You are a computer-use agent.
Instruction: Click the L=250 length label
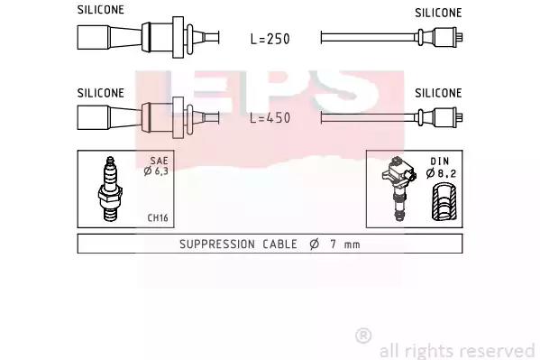pyautogui.click(x=270, y=39)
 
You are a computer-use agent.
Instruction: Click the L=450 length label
pyautogui.click(x=270, y=118)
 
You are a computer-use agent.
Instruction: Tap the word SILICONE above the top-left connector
pyautogui.click(x=101, y=10)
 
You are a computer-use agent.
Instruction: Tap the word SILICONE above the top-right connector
pyautogui.click(x=438, y=13)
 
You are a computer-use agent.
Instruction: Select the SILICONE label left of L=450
pyautogui.click(x=101, y=93)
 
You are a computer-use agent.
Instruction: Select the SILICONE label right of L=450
pyautogui.click(x=438, y=93)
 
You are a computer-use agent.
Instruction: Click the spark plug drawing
pyautogui.click(x=110, y=189)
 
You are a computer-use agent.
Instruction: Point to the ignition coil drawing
pyautogui.click(x=399, y=188)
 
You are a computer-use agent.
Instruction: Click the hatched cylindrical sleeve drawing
pyautogui.click(x=444, y=202)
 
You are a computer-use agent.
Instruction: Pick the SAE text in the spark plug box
pyautogui.click(x=159, y=161)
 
